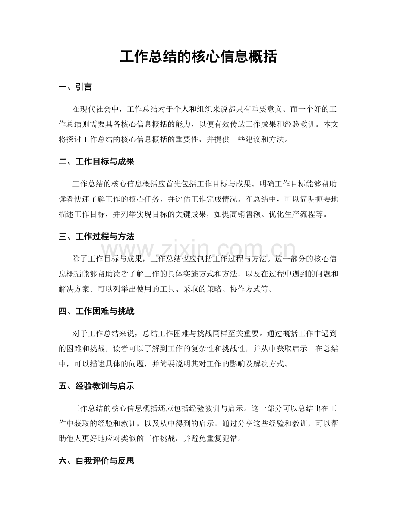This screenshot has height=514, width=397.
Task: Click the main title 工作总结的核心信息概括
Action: [198, 57]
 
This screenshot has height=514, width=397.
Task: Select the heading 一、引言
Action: [75, 87]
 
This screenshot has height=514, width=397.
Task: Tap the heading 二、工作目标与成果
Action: [96, 162]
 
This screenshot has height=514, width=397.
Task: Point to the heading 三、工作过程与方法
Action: [96, 237]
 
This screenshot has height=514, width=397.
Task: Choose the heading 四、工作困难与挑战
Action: [96, 311]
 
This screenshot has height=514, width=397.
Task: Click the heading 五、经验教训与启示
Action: [96, 386]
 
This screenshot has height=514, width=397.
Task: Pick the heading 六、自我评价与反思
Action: [96, 461]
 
